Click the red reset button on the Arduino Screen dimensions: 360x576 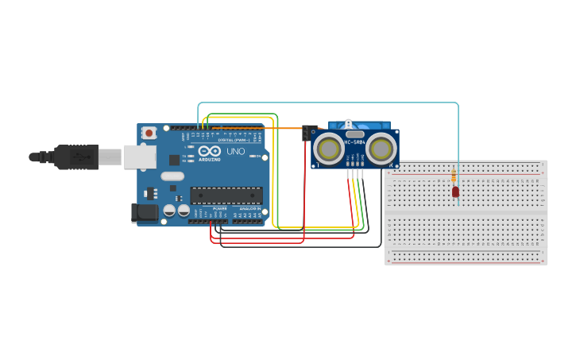pyautogui.click(x=149, y=134)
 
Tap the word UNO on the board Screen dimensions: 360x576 pyautogui.click(x=236, y=151)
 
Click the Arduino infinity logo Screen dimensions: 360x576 pyautogui.click(x=210, y=150)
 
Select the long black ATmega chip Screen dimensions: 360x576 pyautogui.click(x=226, y=195)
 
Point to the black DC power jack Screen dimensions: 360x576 pyautogui.click(x=143, y=212)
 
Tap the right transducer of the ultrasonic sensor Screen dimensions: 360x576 pyautogui.click(x=381, y=149)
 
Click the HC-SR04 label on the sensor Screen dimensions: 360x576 pyautogui.click(x=354, y=142)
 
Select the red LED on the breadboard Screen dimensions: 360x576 pyautogui.click(x=455, y=192)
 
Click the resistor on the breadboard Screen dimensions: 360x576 pyautogui.click(x=454, y=176)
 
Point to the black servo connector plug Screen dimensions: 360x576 pyautogui.click(x=308, y=133)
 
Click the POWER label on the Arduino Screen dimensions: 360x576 pyautogui.click(x=219, y=208)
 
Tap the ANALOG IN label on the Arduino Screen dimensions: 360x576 pyautogui.click(x=249, y=208)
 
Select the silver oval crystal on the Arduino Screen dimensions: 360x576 pyautogui.click(x=172, y=176)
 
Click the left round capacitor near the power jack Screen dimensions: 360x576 pyautogui.click(x=169, y=211)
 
